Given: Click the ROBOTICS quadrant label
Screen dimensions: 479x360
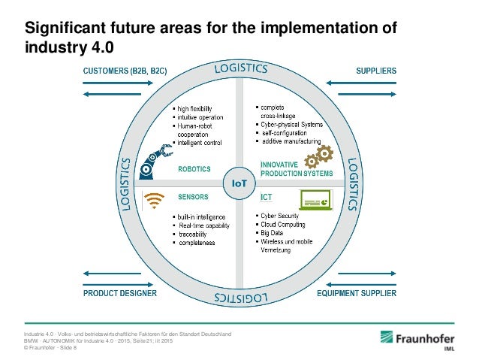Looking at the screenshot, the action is pos(194,169).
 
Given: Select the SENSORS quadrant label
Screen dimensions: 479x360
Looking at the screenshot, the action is pos(193,197).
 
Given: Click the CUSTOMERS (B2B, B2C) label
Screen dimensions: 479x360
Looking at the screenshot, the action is pos(124,71).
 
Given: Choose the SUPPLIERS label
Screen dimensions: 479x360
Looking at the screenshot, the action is pos(375,71).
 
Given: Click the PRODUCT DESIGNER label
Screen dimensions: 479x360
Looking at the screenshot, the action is pos(120,294).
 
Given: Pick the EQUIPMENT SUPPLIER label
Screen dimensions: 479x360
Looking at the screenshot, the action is pos(355,294).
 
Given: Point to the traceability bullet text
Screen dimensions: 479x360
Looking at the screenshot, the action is pos(197,234).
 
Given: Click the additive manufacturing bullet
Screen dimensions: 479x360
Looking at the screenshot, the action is pos(291,141).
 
